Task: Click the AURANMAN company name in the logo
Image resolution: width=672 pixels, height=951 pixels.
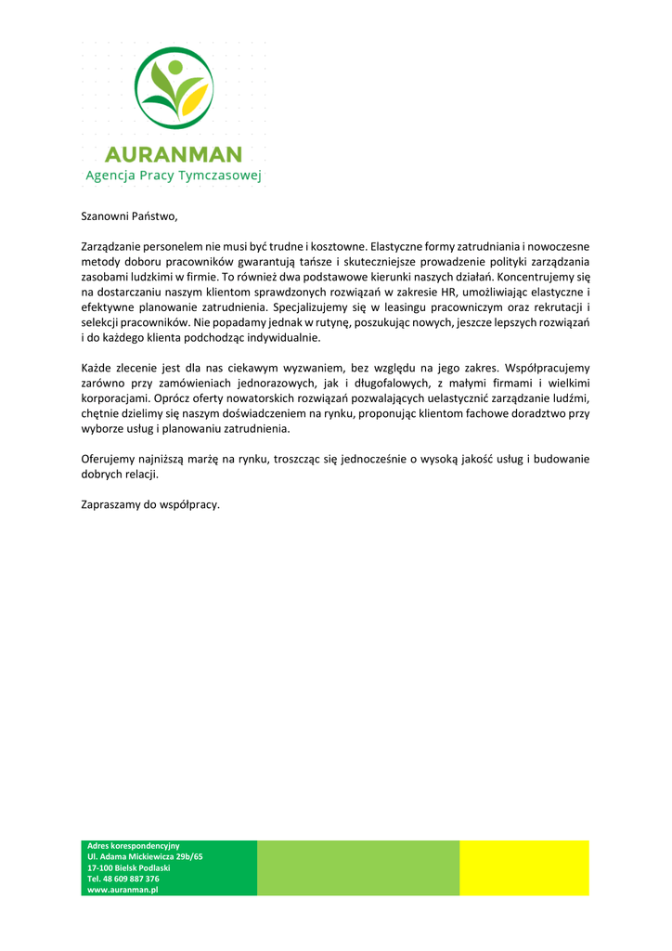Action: [174, 153]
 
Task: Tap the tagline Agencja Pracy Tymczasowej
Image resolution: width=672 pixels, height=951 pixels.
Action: [174, 175]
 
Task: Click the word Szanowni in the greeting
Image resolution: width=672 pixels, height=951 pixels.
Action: [104, 217]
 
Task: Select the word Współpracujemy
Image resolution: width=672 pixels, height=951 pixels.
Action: [547, 368]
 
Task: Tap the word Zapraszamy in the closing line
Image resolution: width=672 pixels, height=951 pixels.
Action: [111, 505]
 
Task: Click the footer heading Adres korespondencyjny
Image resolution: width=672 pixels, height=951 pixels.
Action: [133, 846]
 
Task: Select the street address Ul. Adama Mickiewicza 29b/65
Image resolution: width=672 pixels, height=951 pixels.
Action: [145, 856]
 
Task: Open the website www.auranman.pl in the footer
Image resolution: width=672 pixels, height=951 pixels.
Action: [123, 889]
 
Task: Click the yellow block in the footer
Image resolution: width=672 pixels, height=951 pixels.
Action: [523, 867]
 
